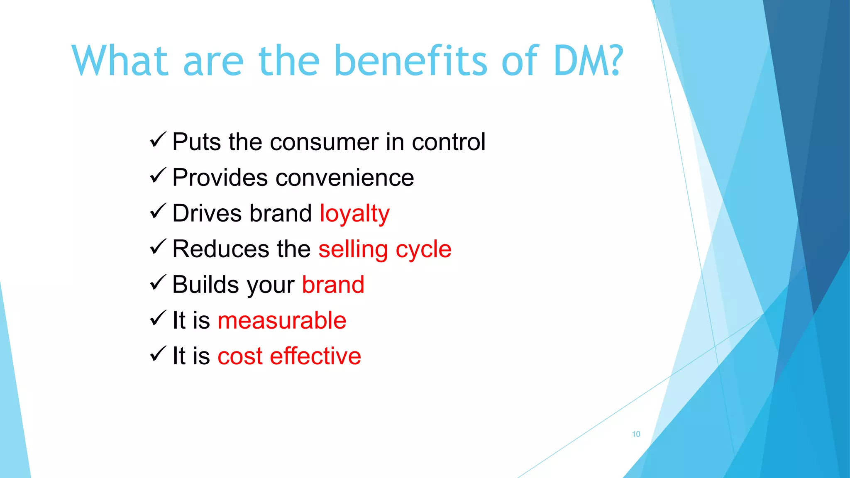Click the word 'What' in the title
pos(120,61)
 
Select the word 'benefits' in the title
pos(410,61)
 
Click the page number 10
pos(636,434)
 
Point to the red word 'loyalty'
pos(354,214)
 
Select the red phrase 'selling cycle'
pos(385,250)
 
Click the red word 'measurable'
pos(282,321)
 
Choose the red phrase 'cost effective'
pos(289,356)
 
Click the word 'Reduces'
pos(220,249)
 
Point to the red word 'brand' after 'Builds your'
pos(333,285)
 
